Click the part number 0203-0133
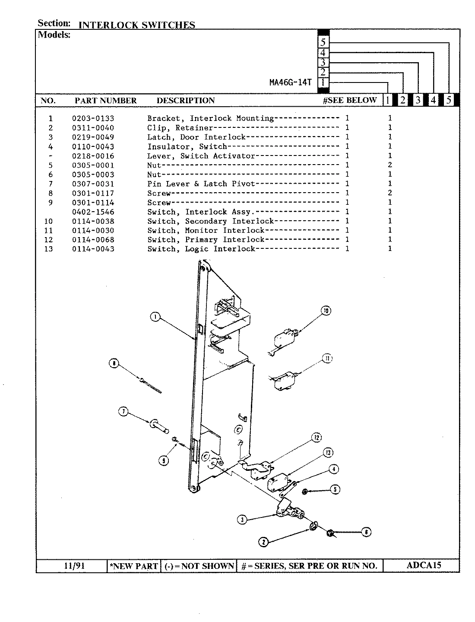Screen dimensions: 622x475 tap(93, 118)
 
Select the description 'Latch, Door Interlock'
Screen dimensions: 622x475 tap(196, 137)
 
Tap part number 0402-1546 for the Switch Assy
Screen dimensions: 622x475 tap(93, 212)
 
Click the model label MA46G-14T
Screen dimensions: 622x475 tap(290, 83)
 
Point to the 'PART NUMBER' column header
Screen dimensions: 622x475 tap(105, 101)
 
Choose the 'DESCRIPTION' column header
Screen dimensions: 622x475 tap(186, 101)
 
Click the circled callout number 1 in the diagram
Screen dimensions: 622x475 tap(155, 317)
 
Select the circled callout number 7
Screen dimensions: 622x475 tap(123, 412)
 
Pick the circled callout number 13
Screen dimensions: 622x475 tap(328, 453)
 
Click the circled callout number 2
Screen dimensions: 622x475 tap(263, 542)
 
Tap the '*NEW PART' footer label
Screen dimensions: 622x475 tap(134, 566)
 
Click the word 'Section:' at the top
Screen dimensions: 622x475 tap(54, 23)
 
